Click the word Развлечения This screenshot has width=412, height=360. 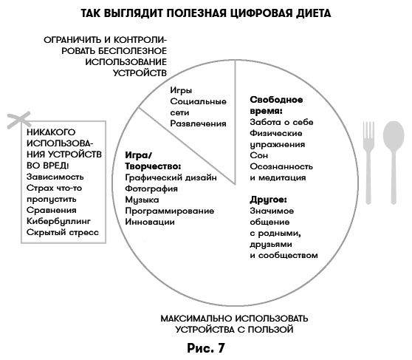[x=199, y=123]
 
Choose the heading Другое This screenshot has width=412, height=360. [x=268, y=199]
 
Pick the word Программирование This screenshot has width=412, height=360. [x=170, y=211]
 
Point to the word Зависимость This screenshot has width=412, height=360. [x=55, y=177]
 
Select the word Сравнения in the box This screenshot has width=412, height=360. [x=51, y=210]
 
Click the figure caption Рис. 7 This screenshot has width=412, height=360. [x=205, y=346]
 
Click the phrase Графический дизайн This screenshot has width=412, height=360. [x=171, y=178]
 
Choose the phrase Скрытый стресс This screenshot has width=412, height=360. [x=62, y=232]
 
